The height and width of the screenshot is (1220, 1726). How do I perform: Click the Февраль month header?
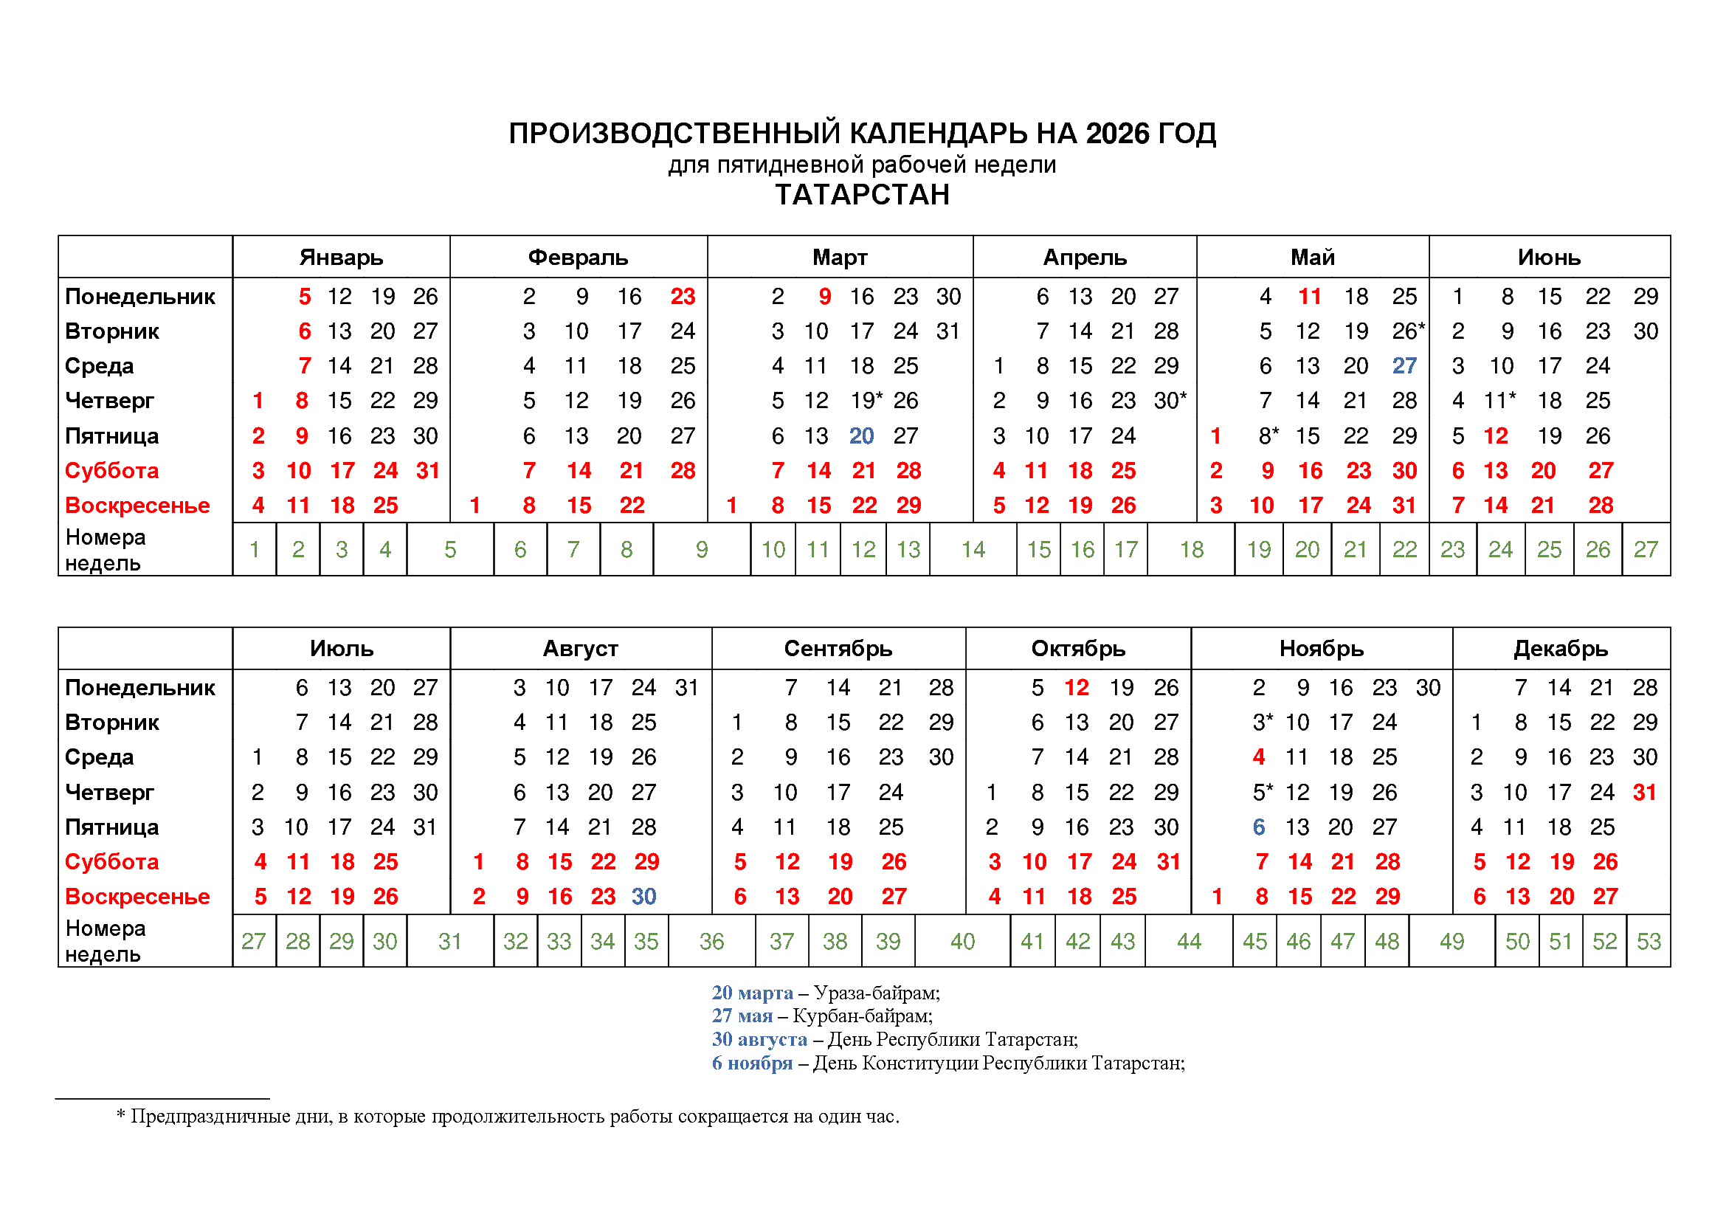click(577, 257)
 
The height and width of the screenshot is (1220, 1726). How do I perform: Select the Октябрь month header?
click(1077, 648)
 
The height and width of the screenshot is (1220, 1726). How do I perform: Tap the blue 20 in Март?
click(861, 436)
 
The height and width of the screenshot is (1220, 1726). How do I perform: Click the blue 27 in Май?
click(1404, 366)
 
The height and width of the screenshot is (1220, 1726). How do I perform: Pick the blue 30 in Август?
click(643, 896)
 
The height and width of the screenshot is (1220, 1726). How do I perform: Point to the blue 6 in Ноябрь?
click(1258, 827)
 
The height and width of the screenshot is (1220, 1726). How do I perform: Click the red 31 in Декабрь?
click(1644, 792)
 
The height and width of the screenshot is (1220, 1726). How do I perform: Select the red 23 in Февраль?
click(683, 296)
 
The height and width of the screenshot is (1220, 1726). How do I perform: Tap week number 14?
click(973, 550)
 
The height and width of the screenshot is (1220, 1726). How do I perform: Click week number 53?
click(1649, 941)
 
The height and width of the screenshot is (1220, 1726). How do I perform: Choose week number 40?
click(962, 941)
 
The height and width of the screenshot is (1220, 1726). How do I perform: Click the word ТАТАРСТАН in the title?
click(862, 195)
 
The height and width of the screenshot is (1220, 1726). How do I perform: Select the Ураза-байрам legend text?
click(877, 993)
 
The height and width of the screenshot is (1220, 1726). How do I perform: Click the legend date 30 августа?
click(759, 1040)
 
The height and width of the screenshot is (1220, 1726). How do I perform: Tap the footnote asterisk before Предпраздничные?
click(120, 1115)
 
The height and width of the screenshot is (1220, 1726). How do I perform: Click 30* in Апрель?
click(1170, 401)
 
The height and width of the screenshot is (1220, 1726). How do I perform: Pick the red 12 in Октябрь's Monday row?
click(1077, 687)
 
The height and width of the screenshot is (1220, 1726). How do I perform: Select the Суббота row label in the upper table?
click(111, 471)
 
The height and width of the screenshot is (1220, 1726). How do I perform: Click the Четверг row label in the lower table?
click(109, 792)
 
